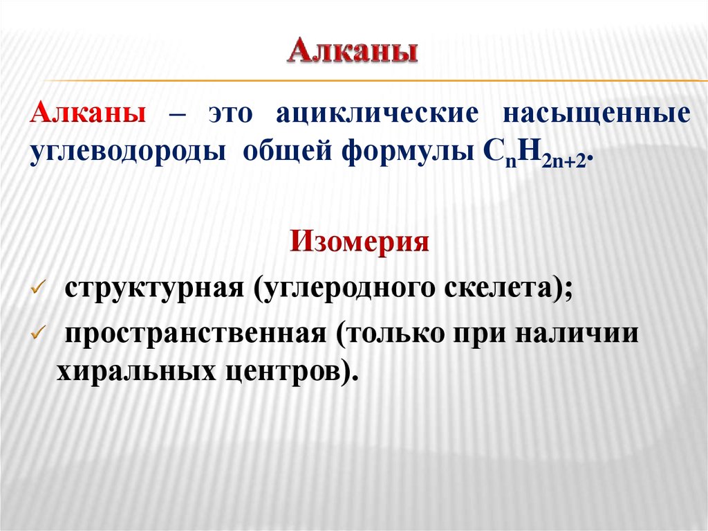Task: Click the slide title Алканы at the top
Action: point(353,52)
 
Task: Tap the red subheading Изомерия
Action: point(360,242)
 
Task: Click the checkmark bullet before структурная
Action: point(39,288)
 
